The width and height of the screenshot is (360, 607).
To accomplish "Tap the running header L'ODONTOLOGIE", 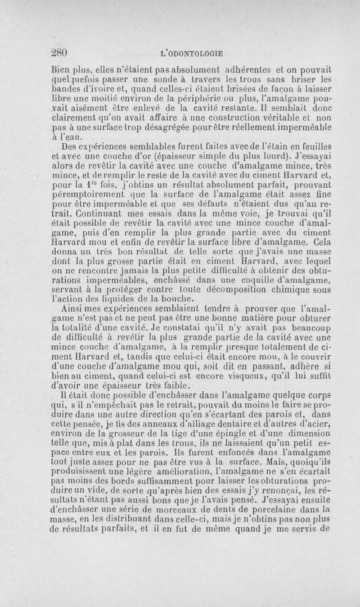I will pos(192,53).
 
